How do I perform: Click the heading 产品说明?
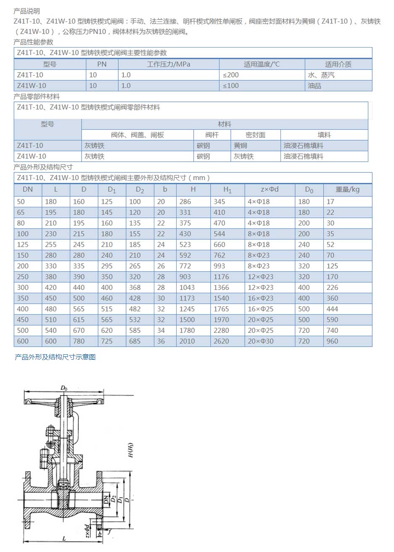click(26, 11)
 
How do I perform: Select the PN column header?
click(102, 64)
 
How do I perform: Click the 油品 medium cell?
click(315, 86)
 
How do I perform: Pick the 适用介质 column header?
click(338, 64)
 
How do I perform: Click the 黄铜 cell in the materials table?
click(241, 146)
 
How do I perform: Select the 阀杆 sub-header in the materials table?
click(212, 135)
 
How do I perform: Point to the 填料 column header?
click(324, 135)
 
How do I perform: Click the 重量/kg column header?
click(347, 190)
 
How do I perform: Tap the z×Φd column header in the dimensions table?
click(270, 190)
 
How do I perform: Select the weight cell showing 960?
click(332, 341)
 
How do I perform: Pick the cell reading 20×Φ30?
click(260, 341)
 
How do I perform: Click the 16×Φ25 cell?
click(260, 309)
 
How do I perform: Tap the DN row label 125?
click(23, 244)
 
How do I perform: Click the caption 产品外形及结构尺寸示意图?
click(55, 357)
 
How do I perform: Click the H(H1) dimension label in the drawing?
click(131, 450)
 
